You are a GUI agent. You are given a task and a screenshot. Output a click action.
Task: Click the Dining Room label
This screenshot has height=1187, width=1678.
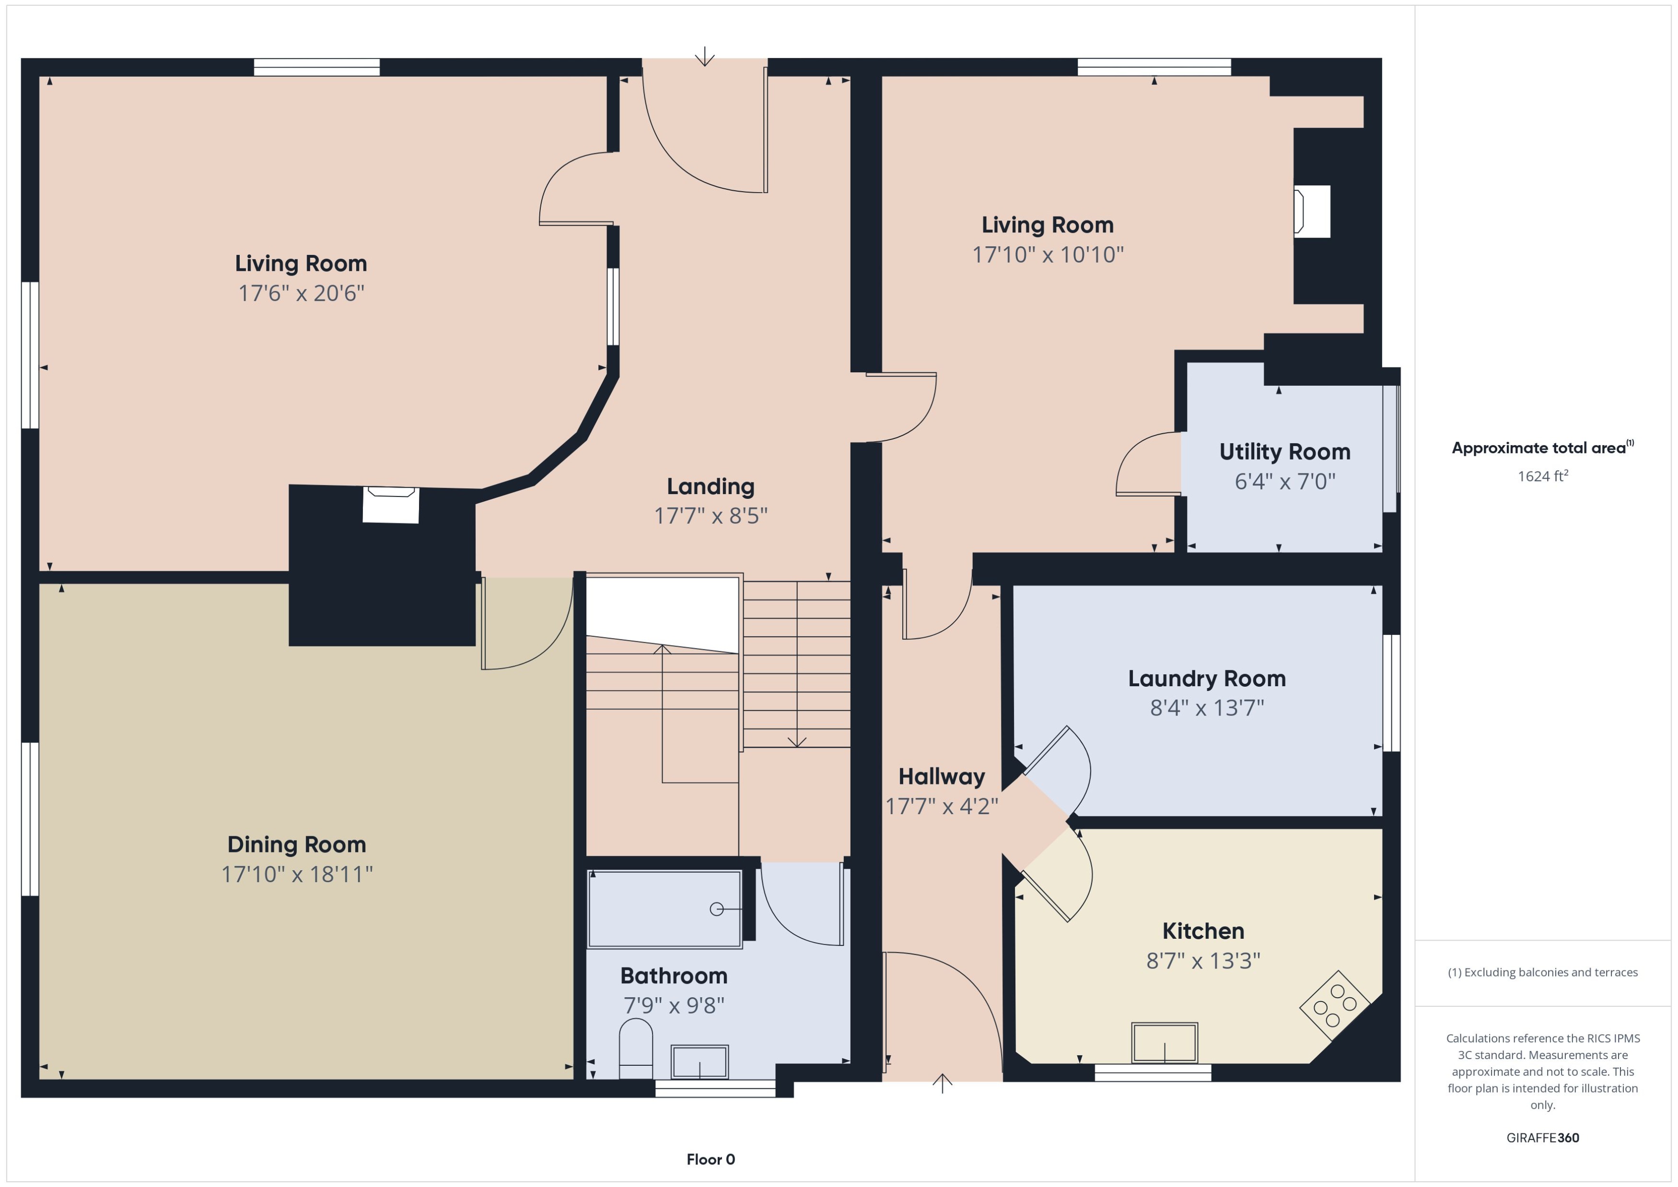[x=296, y=844]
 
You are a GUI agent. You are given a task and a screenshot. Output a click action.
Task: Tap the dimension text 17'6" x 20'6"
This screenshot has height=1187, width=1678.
[x=301, y=293]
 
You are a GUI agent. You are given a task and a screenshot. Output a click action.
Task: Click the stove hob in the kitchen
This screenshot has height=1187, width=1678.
[x=1334, y=1005]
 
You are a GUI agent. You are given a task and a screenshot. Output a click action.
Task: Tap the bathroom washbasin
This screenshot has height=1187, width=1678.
[x=699, y=1061]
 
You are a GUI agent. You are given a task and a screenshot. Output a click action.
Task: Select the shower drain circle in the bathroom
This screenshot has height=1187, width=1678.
[x=717, y=909]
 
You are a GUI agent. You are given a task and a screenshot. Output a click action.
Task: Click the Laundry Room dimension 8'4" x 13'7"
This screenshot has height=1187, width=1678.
[x=1206, y=707]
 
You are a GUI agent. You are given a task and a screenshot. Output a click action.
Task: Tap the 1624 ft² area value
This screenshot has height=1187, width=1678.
[x=1543, y=476]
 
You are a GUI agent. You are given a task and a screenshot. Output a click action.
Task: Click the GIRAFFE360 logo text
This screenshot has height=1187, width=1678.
[x=1543, y=1137]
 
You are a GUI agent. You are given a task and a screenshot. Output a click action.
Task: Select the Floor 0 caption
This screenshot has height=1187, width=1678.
[x=710, y=1159]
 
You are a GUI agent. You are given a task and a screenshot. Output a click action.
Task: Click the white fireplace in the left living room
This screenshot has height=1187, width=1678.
[x=391, y=505]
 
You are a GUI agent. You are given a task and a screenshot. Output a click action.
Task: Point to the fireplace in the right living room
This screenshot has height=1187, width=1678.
[x=1312, y=211]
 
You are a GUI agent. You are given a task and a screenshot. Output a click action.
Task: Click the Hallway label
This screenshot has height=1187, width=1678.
[x=941, y=776]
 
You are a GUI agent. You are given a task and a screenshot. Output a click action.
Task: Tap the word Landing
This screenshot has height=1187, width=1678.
[x=710, y=486]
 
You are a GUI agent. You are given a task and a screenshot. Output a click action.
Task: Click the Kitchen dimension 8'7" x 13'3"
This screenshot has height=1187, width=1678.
[x=1203, y=960]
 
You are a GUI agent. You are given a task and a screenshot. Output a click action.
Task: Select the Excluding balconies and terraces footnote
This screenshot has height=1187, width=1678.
[x=1543, y=972]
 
